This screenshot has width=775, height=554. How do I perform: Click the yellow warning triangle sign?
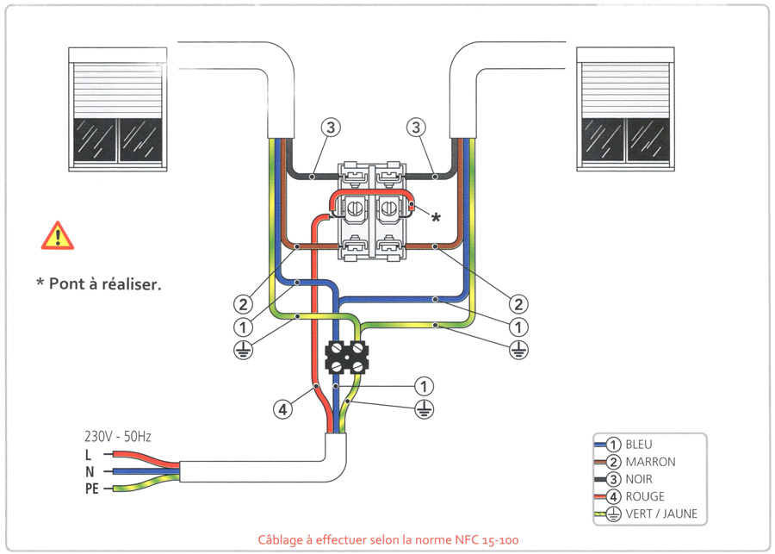pos(57,235)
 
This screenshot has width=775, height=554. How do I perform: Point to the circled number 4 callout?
pos(283,410)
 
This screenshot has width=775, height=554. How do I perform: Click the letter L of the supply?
pos(88,454)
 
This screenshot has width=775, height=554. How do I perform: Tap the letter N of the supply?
pos(88,471)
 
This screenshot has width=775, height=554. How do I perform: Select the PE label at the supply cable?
pos(91,489)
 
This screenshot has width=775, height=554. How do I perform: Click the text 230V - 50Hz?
pos(117,436)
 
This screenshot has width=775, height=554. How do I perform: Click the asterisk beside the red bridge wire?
pos(436,218)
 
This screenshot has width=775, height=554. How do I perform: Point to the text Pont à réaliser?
pos(98,283)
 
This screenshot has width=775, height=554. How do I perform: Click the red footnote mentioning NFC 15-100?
pos(388,540)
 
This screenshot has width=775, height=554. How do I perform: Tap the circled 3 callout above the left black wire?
pos(332,128)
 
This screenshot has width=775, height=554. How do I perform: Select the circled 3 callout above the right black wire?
pos(417,128)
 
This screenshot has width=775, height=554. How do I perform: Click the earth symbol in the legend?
pos(613,514)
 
